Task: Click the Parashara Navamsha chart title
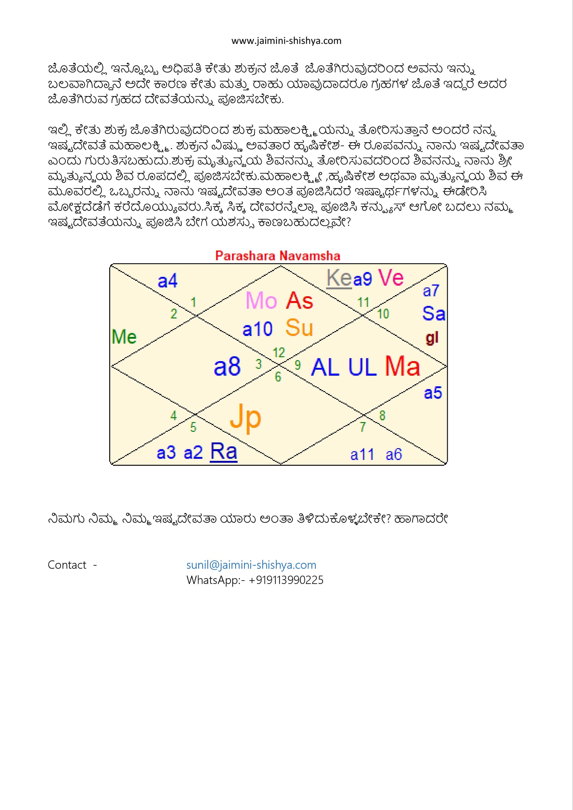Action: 278,256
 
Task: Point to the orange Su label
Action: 299,328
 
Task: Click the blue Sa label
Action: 434,314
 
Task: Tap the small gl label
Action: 432,338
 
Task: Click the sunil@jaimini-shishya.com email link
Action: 251,565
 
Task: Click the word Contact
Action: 67,565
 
